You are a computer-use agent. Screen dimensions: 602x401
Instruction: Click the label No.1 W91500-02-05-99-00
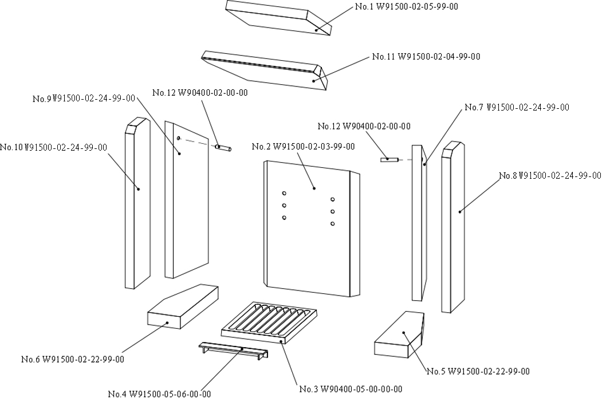click(x=407, y=6)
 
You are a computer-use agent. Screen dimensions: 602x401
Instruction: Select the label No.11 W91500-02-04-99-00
click(x=426, y=57)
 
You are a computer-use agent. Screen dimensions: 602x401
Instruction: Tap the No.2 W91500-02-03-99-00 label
click(x=304, y=146)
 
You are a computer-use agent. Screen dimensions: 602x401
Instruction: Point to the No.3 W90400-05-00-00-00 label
click(x=351, y=389)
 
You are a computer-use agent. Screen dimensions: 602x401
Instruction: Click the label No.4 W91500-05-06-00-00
click(x=159, y=394)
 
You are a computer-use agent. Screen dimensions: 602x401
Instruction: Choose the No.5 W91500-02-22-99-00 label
click(x=478, y=371)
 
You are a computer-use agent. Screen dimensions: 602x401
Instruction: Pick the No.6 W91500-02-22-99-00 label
click(x=73, y=359)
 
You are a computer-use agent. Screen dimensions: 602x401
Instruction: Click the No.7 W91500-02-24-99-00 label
click(x=517, y=107)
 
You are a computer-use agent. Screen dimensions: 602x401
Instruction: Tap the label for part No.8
click(x=550, y=175)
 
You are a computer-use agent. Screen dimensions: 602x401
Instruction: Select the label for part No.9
click(x=84, y=99)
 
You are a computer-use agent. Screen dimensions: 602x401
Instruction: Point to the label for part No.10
click(x=54, y=147)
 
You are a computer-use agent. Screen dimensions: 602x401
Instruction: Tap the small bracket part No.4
click(x=234, y=351)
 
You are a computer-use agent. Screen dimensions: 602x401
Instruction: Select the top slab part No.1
click(x=278, y=17)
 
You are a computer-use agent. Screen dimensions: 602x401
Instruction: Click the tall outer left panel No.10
click(x=137, y=203)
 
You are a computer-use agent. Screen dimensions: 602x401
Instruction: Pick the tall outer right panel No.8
click(x=453, y=227)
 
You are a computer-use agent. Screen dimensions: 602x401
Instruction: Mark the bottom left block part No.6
click(x=183, y=306)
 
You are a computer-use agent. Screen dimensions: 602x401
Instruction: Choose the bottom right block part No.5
click(x=399, y=335)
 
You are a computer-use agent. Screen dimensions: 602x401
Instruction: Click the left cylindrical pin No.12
click(x=223, y=147)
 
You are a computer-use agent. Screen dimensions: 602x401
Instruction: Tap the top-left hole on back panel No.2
click(x=284, y=193)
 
